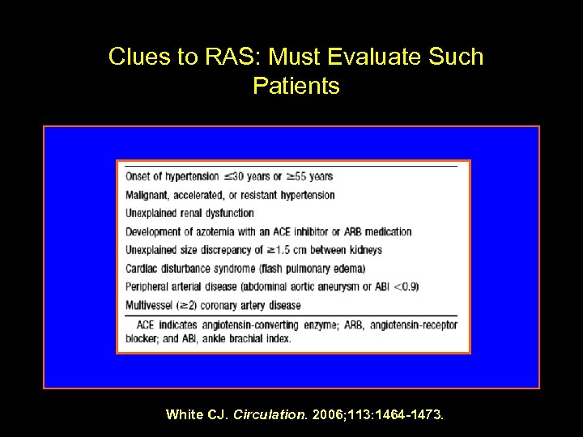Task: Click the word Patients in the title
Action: click(x=296, y=86)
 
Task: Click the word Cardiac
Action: click(x=143, y=269)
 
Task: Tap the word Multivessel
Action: click(x=151, y=306)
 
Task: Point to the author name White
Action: click(x=182, y=415)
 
